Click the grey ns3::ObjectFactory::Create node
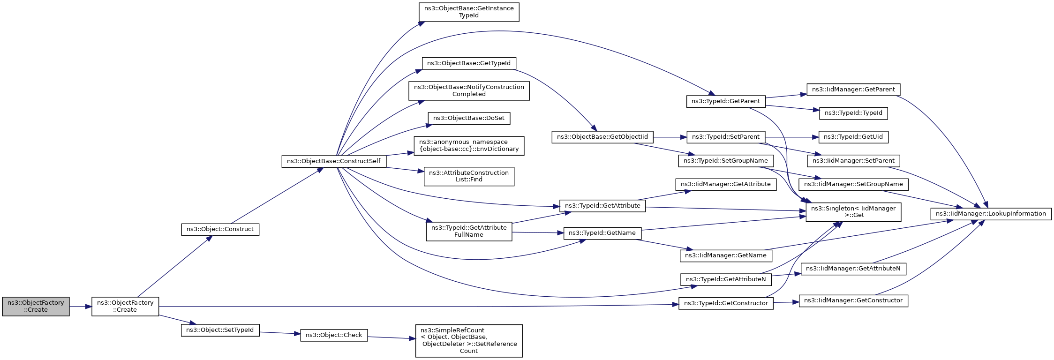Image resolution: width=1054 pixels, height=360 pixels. point(36,306)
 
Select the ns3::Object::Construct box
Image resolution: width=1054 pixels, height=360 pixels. point(220,229)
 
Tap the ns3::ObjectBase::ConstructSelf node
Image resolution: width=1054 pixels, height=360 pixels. point(334,161)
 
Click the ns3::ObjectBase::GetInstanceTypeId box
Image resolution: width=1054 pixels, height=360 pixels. point(469,12)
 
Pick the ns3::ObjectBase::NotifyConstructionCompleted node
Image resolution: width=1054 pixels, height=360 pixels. point(469,90)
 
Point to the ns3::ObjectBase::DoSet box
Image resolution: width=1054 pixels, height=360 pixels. point(469,118)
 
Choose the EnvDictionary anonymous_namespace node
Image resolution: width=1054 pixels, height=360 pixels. point(469,145)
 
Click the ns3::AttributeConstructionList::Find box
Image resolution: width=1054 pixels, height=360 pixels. point(469,176)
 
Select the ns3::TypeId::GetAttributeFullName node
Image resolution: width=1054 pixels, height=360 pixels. point(469,231)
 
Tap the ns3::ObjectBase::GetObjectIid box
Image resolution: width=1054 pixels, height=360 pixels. point(602,137)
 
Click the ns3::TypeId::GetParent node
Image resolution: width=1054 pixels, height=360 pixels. point(726,101)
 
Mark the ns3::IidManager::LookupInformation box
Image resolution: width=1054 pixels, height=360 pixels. point(991,214)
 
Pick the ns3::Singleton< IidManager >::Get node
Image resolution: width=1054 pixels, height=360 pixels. point(853,212)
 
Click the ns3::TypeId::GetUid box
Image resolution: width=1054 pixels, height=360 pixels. point(853,137)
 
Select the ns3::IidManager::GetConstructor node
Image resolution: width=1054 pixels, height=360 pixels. point(853,300)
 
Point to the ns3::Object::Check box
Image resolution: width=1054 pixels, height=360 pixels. point(334,335)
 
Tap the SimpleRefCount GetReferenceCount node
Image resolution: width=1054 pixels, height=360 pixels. point(469,341)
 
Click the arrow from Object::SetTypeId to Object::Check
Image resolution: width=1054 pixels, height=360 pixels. point(279,333)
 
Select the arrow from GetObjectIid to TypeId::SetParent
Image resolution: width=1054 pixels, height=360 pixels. point(670,137)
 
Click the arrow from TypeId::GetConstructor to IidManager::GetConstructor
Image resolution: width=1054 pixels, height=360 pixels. point(786,302)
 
